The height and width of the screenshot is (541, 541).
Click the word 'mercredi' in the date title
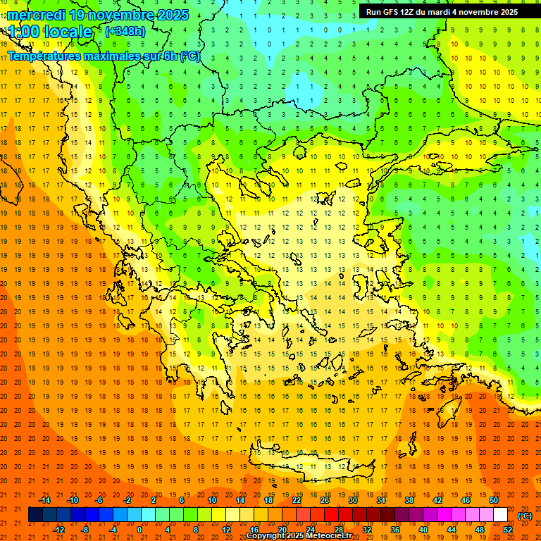coord(37,15)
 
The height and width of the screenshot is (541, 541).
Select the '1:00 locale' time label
coord(50,32)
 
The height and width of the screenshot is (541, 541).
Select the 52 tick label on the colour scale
coord(508,530)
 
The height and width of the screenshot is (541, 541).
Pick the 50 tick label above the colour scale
coord(494,500)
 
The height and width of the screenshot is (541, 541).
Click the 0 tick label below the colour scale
coord(139,530)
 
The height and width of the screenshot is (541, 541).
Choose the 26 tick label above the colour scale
coord(325,500)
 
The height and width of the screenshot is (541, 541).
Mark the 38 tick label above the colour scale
coord(409,500)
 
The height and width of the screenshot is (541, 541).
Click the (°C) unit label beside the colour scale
coord(525,516)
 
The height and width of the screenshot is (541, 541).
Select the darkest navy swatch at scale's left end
coord(36,515)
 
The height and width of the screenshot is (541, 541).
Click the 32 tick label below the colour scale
coord(367,530)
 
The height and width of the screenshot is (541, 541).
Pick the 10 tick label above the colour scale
coord(212,500)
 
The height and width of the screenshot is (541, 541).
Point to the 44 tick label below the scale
coord(452,530)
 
